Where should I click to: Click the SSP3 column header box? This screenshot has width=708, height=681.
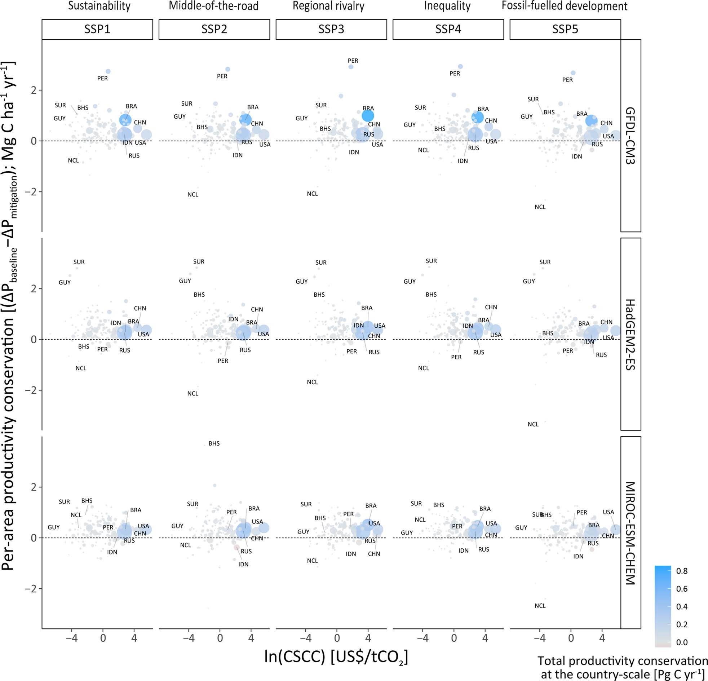tap(331, 29)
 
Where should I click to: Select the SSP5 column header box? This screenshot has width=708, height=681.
tap(565, 29)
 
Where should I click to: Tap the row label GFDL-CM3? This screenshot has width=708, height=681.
tap(630, 136)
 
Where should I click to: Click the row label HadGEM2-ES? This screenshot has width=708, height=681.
tap(630, 334)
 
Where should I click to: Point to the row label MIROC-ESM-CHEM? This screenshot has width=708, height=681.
tap(630, 533)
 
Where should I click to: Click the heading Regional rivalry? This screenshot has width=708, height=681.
tap(328, 6)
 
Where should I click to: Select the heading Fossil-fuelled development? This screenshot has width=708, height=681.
tap(564, 6)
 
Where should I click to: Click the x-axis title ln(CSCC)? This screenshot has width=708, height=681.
tap(336, 657)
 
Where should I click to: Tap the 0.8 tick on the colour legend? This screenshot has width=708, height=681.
tap(682, 571)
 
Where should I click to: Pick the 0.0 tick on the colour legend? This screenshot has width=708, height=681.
tap(682, 642)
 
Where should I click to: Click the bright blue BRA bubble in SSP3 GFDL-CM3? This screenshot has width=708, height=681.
tap(368, 116)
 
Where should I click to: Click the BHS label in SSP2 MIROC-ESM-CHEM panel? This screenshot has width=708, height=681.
tap(214, 444)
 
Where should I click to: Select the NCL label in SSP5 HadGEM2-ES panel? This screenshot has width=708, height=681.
tap(533, 424)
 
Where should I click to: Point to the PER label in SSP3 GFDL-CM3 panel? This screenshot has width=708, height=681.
tap(353, 61)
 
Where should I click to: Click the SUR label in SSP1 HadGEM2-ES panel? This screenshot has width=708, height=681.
tap(79, 262)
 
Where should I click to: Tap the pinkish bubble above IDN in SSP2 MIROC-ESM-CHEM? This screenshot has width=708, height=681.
tap(236, 548)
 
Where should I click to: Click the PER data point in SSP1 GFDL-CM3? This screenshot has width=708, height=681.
tap(108, 71)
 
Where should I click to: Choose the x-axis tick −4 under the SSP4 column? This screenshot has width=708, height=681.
tap(422, 638)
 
